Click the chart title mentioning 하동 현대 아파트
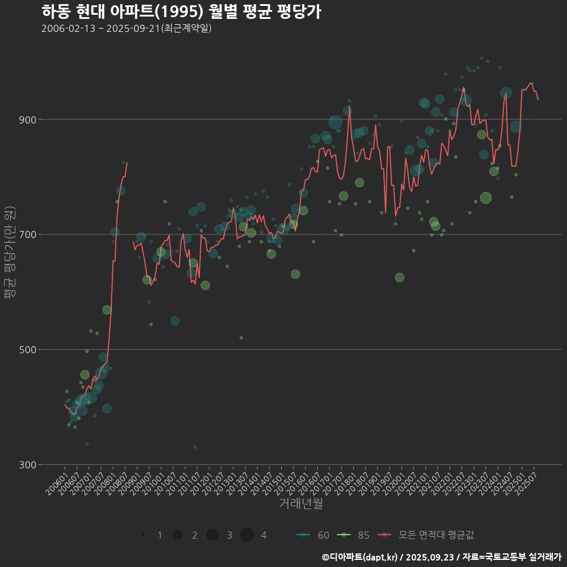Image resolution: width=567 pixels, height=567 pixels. point(181,11)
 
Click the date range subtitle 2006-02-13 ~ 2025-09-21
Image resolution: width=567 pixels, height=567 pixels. point(126,28)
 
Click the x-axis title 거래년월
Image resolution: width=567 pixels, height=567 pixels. point(301,503)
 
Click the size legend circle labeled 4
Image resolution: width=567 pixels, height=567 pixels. point(247,535)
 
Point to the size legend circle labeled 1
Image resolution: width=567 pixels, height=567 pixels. point(144,535)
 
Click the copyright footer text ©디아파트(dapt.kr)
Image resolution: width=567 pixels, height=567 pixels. point(360,556)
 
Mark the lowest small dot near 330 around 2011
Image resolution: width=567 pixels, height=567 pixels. point(195,447)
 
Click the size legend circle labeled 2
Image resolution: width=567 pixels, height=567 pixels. point(177,535)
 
